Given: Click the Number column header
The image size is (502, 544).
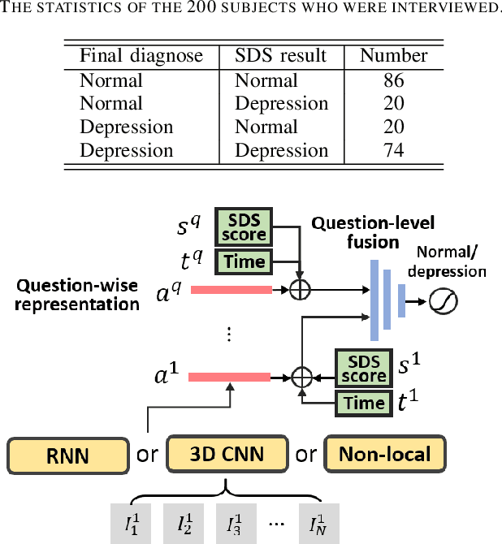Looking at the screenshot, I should (393, 56).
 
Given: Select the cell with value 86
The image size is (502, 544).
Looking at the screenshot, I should (393, 80).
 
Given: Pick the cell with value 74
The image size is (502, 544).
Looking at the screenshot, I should (393, 150).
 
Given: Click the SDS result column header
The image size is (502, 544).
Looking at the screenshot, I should (280, 56).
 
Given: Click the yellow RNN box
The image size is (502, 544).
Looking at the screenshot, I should (68, 454).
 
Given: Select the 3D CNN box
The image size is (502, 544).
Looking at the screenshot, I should (227, 453).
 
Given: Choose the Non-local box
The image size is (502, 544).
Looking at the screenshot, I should (386, 453).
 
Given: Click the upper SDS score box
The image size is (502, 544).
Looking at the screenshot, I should (245, 227).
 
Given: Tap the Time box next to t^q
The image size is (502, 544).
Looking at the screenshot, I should (245, 261).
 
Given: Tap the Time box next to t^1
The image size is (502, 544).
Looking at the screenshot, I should (363, 404).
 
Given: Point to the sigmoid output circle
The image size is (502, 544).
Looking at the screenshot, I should (448, 302).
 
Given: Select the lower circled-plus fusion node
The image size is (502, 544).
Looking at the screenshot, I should (301, 377).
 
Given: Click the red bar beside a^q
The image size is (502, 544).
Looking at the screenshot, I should (231, 290).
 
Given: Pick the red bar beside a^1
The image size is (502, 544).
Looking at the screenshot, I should (229, 377).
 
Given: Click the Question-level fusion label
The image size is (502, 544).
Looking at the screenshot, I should (374, 232).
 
